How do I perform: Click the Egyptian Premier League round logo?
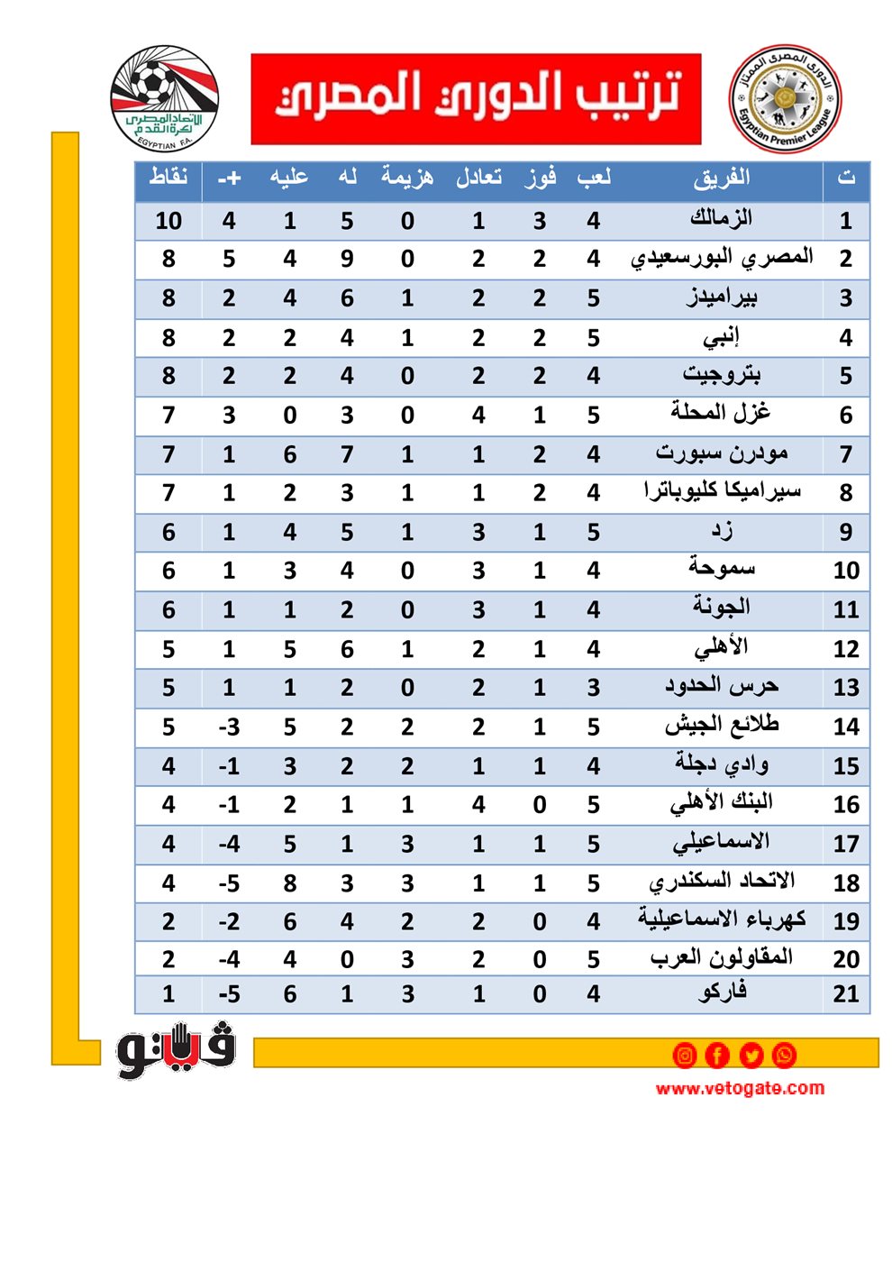tap(785, 98)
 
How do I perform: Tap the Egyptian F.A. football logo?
tap(164, 97)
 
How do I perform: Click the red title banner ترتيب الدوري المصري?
tap(476, 98)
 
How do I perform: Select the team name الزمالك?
tap(721, 219)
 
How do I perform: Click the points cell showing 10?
tap(168, 221)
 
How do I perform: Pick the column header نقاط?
tap(168, 177)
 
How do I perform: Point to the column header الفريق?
tap(721, 178)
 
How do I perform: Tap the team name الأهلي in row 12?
tap(721, 648)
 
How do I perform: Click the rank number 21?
tap(845, 993)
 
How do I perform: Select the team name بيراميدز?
tap(721, 297)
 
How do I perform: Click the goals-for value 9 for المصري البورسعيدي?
tap(347, 260)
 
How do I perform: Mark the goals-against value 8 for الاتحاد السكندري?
tap(289, 882)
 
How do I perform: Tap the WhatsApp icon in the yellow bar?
tap(784, 1054)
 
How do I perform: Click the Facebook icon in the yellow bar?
tap(717, 1054)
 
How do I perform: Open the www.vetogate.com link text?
tap(740, 1088)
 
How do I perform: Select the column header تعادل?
tap(478, 177)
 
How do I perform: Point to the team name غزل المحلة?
tap(721, 414)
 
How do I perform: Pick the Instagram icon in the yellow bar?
tap(685, 1054)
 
